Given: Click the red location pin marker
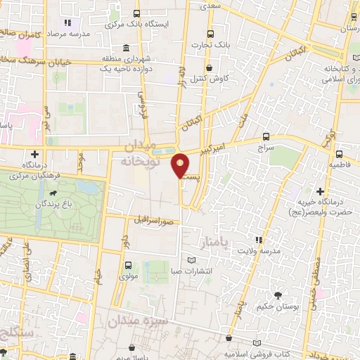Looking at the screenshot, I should (181, 165).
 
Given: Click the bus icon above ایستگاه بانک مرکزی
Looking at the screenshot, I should (136, 13).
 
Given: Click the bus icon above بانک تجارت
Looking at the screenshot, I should (210, 34).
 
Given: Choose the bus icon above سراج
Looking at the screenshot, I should (265, 137).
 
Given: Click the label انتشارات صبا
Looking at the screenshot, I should (193, 270).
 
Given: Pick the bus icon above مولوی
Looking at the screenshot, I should (128, 266).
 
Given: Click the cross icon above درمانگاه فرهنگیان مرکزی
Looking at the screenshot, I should (34, 153).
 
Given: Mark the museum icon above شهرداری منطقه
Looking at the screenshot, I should (124, 48).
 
